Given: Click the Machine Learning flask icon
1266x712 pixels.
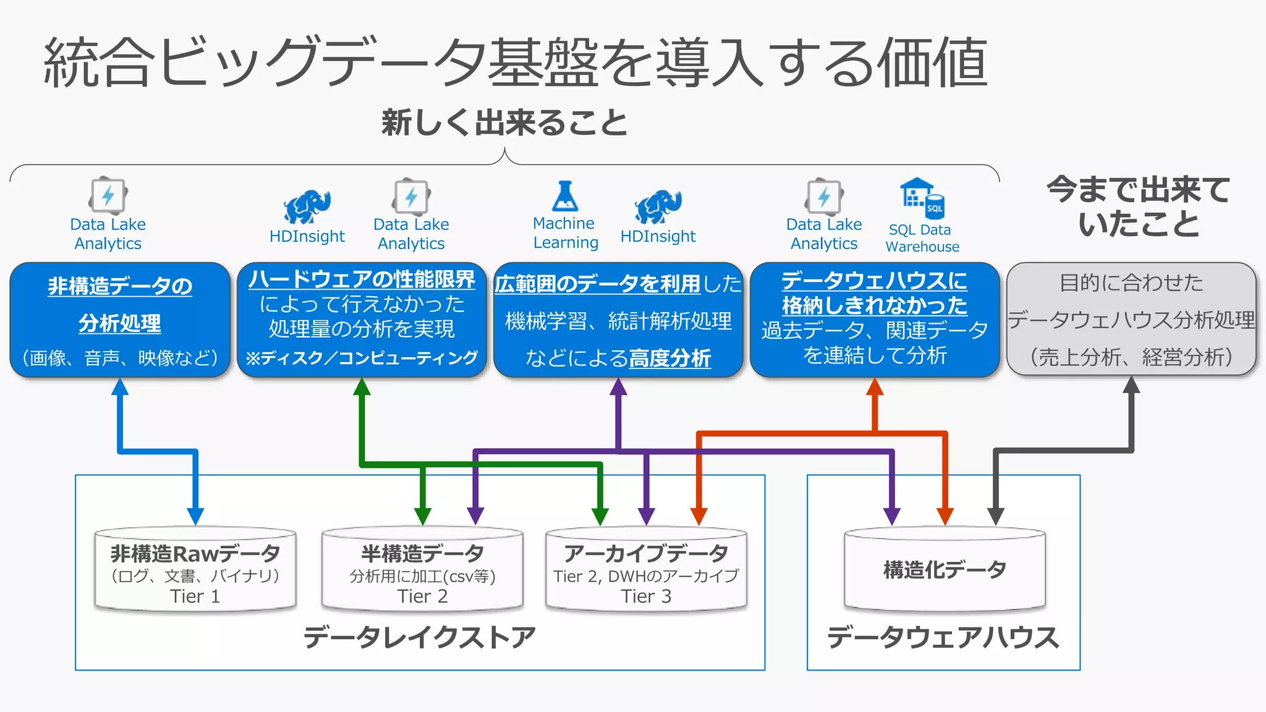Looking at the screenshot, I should click(x=565, y=197).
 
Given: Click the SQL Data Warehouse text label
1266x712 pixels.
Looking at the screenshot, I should click(x=922, y=238).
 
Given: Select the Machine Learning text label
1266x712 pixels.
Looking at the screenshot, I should click(x=565, y=233).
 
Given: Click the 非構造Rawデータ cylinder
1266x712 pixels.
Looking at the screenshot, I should click(x=195, y=569).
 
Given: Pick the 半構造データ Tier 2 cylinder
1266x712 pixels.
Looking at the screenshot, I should click(x=422, y=569).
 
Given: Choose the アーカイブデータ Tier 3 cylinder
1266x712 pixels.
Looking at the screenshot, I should click(x=646, y=569).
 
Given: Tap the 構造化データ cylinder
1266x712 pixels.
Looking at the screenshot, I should click(x=945, y=569).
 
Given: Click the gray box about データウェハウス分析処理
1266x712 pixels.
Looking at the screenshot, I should click(x=1131, y=320).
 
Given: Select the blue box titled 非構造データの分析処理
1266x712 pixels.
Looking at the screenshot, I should click(x=120, y=320).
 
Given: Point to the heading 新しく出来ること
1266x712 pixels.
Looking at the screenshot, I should click(x=504, y=122).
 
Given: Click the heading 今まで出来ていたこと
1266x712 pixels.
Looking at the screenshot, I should click(x=1139, y=206).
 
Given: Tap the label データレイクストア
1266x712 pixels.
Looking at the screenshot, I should click(x=419, y=637).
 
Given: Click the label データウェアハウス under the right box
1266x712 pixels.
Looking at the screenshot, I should click(x=943, y=637).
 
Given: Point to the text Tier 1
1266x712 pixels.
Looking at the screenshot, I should click(x=195, y=596).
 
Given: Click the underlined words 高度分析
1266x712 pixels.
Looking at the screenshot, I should click(x=670, y=358).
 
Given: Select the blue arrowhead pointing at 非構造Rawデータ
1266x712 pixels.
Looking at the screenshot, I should click(x=195, y=516).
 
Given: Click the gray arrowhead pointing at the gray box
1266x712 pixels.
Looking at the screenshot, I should click(x=1131, y=385).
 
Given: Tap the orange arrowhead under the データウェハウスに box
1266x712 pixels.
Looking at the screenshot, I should click(x=875, y=386).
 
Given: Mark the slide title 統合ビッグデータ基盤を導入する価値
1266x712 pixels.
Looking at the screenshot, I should click(x=516, y=62).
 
